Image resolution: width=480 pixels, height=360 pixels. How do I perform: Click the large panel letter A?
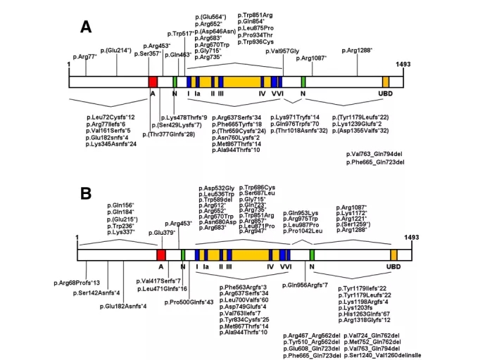click(86, 27)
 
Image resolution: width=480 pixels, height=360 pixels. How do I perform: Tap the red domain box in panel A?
click(153, 82)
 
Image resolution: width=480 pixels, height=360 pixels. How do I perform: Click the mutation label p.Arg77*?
click(84, 55)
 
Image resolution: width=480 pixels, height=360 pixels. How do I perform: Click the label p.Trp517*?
click(181, 33)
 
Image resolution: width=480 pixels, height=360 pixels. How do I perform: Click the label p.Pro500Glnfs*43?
click(190, 302)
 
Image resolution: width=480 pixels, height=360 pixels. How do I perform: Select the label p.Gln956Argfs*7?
click(306, 285)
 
